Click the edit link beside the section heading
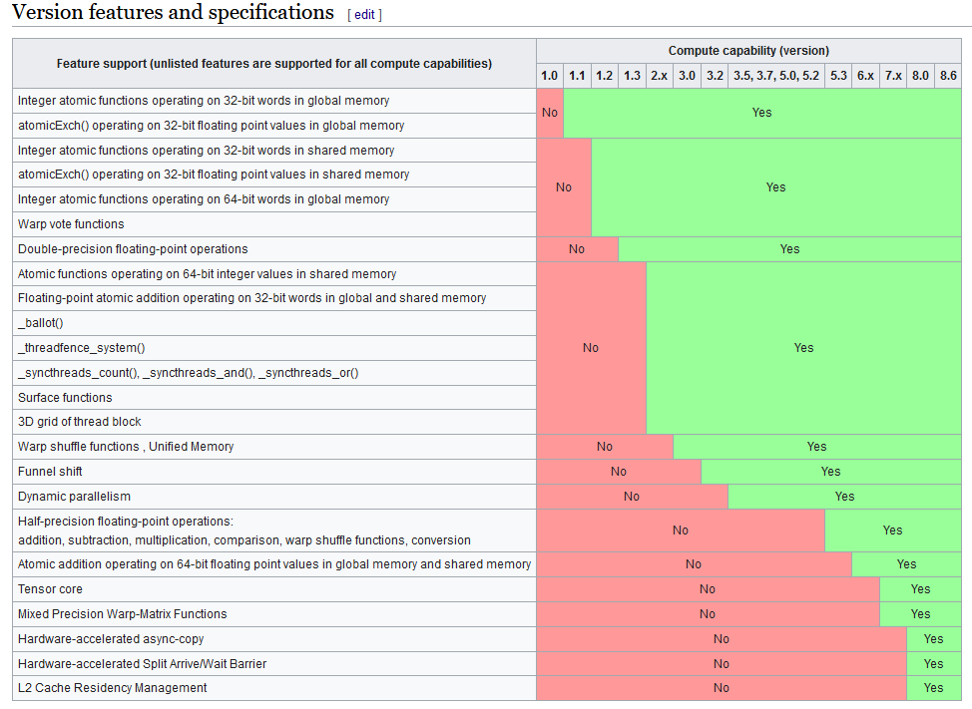364,15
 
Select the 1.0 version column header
550,76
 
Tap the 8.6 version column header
948,76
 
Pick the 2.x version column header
660,76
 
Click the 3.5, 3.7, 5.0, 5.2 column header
776,76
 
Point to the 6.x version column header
865,76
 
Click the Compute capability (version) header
748,51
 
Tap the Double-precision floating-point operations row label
133,249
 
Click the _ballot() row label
40,323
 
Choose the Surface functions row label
65,398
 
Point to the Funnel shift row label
50,472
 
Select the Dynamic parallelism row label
74,497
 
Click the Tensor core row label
50,589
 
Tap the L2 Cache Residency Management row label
113,688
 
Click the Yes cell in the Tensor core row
920,589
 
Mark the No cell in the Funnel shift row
619,472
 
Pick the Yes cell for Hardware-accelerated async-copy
933,639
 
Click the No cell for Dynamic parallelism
632,497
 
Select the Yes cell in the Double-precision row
789,249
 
